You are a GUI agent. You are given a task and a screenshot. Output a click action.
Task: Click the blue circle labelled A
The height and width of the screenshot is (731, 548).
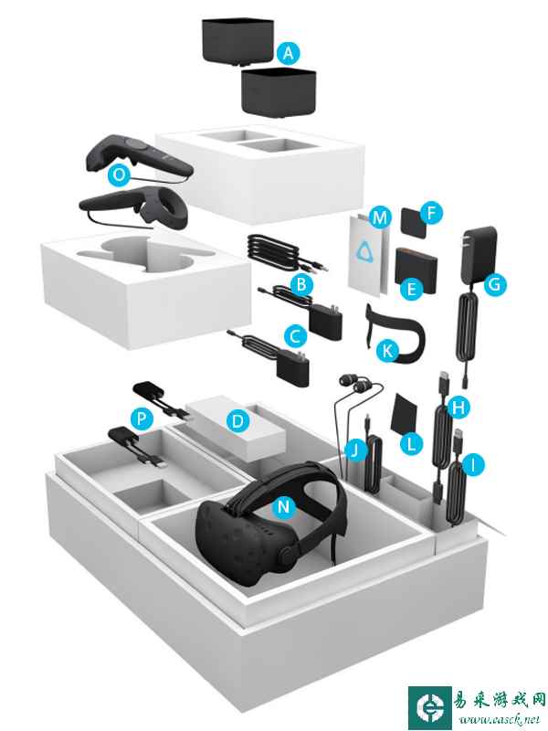click(289, 53)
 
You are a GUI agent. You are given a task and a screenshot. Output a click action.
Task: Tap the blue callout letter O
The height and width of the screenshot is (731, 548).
click(119, 175)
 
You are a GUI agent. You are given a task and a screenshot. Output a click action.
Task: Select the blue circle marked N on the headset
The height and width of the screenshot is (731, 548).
click(284, 506)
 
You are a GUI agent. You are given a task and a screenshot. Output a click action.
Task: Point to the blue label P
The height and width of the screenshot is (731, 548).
click(142, 418)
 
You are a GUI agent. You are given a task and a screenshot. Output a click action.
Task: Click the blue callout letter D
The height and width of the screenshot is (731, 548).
click(237, 421)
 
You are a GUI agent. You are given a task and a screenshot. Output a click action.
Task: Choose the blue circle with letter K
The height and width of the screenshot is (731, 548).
click(387, 351)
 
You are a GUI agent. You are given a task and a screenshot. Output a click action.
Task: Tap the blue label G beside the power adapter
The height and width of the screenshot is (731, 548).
click(495, 283)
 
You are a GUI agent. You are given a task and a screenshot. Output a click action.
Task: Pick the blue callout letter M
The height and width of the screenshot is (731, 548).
click(380, 217)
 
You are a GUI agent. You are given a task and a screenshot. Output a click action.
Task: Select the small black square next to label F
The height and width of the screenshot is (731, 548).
click(413, 222)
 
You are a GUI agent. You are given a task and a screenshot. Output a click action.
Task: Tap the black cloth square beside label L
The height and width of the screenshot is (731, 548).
click(405, 414)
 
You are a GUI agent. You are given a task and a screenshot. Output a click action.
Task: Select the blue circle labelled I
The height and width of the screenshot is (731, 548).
click(472, 464)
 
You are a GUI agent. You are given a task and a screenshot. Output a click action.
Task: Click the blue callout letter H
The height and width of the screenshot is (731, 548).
click(459, 408)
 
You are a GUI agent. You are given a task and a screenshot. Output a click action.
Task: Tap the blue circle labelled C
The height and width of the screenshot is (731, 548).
click(295, 335)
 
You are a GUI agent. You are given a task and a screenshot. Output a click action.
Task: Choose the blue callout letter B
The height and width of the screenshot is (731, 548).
click(301, 284)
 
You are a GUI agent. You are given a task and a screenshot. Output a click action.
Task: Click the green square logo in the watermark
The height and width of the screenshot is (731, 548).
click(429, 708)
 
